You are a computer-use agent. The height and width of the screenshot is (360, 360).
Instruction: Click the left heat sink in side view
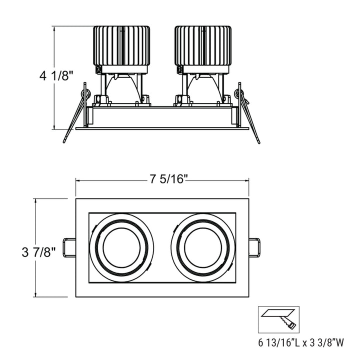(122, 46)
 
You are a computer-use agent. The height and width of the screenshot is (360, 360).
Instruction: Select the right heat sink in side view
(203, 46)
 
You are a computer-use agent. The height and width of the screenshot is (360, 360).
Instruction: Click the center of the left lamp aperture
(122, 248)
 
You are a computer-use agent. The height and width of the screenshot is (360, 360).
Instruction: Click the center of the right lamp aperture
(203, 248)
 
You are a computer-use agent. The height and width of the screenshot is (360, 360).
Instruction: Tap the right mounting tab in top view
(255, 248)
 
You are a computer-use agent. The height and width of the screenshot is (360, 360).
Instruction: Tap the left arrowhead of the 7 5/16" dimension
(77, 180)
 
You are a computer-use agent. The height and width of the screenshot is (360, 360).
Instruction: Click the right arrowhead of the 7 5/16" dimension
(247, 180)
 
